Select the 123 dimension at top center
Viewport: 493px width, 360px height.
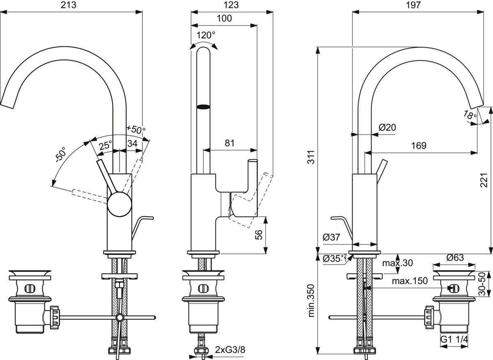[232, 5]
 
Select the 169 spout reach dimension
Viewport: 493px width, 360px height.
[418, 145]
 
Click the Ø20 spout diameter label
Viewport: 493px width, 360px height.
[387, 128]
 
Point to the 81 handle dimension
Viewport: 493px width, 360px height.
[230, 143]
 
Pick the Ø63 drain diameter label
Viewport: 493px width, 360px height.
[455, 258]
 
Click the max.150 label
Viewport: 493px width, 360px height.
[409, 281]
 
